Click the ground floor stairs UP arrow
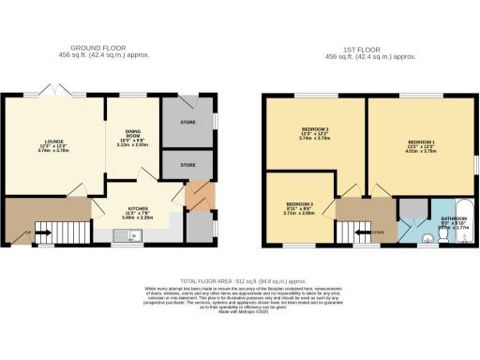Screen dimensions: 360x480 (x=28, y=231)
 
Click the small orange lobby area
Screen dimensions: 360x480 (x=194, y=198)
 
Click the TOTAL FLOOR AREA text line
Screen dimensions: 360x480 (x=240, y=280)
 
